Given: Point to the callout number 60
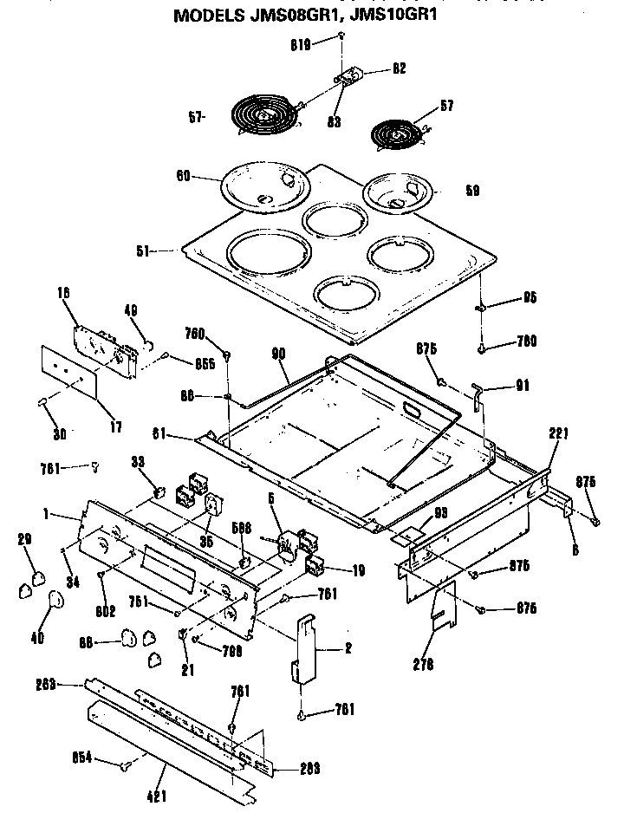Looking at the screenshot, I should (x=184, y=175).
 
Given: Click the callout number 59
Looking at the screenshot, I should (x=471, y=189).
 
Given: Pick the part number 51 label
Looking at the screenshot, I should (x=146, y=251).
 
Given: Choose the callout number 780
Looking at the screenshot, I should (x=525, y=341).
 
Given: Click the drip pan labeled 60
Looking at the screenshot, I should (x=263, y=185).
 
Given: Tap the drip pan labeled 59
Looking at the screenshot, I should (x=404, y=192).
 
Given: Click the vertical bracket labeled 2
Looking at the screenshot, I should (x=306, y=649).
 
